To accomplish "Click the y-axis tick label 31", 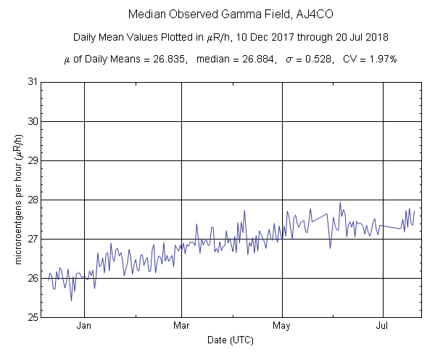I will (33, 81).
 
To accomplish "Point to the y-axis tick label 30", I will (33, 120).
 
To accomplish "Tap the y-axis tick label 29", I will (33, 160).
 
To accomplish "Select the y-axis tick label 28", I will (33, 200).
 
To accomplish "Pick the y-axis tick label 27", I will (33, 239).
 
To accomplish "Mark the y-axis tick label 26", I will (33, 278).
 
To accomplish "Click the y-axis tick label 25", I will (33, 317).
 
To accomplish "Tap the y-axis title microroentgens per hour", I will (17, 200).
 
